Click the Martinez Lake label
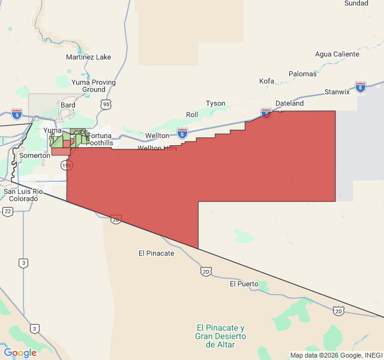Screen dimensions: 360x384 coord(88,57)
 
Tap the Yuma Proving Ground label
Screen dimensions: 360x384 coord(94,86)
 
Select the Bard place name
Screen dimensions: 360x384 coord(68,104)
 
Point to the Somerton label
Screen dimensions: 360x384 coord(34,155)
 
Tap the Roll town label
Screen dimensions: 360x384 coord(192,114)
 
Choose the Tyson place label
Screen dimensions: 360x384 coord(215,103)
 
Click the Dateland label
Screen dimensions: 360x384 coord(290,103)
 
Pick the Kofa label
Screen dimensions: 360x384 coord(266,81)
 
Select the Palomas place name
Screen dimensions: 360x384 coord(302,74)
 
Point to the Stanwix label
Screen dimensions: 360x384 coord(337,92)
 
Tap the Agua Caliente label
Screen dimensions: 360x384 coord(337,54)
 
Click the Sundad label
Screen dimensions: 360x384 coord(356,3)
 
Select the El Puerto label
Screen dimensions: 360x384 coord(244,284)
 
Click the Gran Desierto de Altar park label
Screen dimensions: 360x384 coord(220,336)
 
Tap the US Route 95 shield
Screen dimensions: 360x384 coord(106,104)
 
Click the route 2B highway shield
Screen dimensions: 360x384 coord(116,219)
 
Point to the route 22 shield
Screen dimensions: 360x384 coord(8,211)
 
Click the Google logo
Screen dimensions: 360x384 coord(20,353)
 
